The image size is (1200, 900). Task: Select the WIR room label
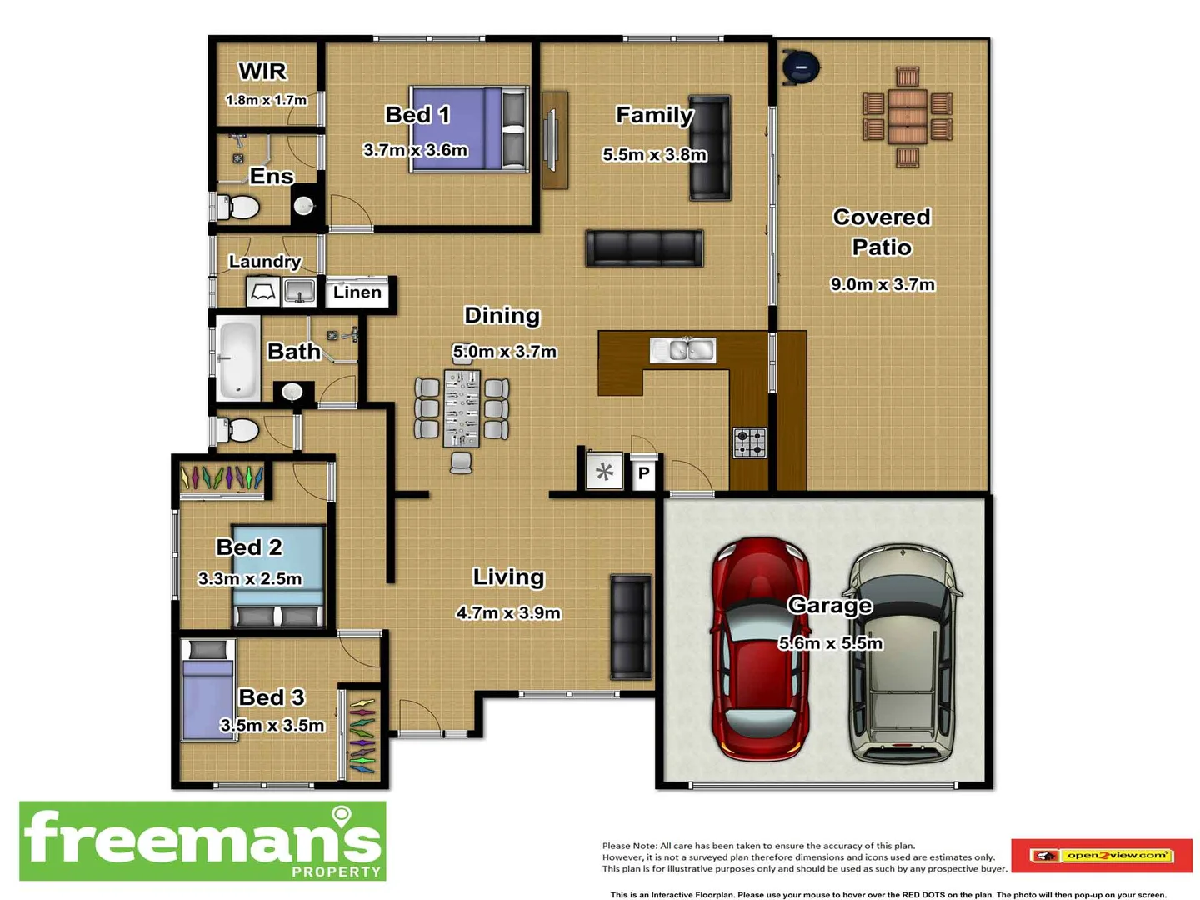(262, 72)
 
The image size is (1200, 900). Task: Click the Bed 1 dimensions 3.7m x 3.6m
(416, 150)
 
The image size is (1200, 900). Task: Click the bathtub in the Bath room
(238, 358)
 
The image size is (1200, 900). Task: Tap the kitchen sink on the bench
(682, 350)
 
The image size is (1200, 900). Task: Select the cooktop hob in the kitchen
(749, 442)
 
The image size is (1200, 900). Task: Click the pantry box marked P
(643, 474)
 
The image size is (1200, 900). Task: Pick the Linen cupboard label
(357, 292)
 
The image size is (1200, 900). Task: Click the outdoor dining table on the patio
(907, 117)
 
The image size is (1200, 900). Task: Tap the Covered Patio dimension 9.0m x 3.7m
(882, 284)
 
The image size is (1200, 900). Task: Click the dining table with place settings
(462, 409)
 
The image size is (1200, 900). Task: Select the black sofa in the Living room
(631, 627)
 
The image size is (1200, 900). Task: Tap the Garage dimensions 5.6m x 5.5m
(830, 643)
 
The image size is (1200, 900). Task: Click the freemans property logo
(202, 841)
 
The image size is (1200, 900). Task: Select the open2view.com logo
(1101, 856)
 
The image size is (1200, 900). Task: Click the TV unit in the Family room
(554, 140)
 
